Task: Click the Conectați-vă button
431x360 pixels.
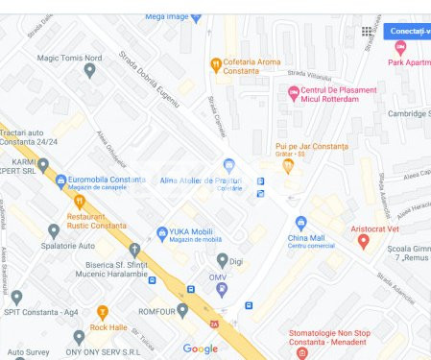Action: [408, 31]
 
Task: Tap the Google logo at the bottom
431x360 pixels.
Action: [201, 348]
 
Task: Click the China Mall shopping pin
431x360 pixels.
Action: [300, 223]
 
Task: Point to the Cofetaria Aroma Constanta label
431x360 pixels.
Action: [251, 66]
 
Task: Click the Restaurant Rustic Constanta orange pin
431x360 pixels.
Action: [80, 202]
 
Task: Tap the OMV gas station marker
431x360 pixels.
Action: [223, 288]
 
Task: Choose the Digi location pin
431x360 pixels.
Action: [223, 259]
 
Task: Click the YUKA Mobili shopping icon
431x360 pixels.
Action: [162, 233]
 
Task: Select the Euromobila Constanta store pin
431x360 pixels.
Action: [61, 180]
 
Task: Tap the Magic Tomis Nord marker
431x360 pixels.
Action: [89, 70]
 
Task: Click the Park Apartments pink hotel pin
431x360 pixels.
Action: [400, 47]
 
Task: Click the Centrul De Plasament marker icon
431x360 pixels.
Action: [294, 92]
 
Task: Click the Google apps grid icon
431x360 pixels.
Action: [367, 32]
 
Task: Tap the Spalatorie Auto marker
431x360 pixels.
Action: [54, 230]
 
